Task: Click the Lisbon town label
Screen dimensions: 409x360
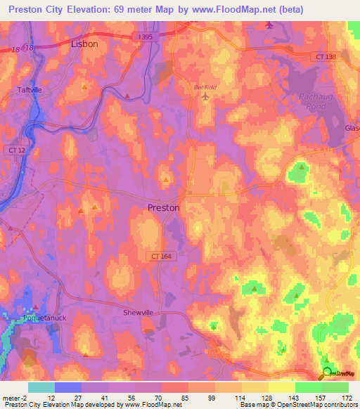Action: tap(85, 43)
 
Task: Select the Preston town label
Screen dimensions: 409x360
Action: tap(164, 208)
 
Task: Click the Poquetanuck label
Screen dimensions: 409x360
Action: tap(34, 317)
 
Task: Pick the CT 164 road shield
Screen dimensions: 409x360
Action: tap(160, 257)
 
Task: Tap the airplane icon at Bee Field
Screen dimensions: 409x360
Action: tap(205, 96)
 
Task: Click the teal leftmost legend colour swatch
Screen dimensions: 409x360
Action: tap(41, 387)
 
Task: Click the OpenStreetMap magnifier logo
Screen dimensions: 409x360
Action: tap(326, 373)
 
